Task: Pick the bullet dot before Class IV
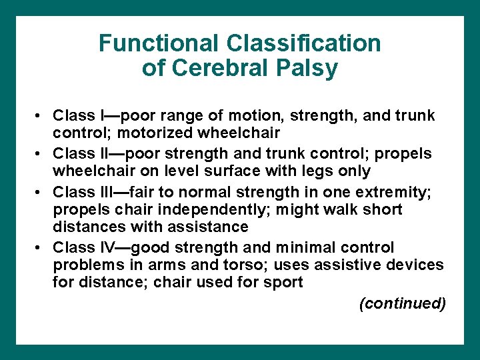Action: [41, 248]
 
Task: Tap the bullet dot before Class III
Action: [41, 193]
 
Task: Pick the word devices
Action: [416, 265]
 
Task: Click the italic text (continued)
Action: [402, 304]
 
